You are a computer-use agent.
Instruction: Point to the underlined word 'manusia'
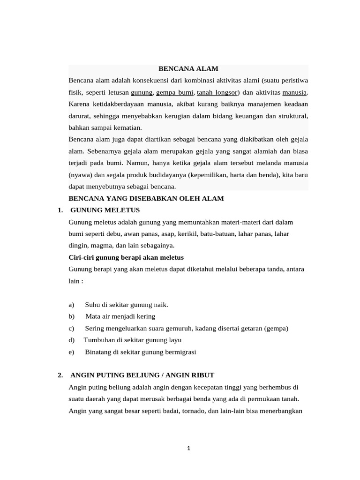click(294, 92)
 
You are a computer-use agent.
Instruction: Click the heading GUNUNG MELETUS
click(105, 210)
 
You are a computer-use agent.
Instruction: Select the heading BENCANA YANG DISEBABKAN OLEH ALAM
click(146, 198)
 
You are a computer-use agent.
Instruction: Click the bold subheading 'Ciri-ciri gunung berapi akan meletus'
click(126, 257)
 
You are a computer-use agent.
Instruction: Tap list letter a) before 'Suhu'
click(72, 305)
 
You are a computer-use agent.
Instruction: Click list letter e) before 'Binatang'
click(72, 352)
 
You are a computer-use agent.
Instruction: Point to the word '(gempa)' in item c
click(277, 328)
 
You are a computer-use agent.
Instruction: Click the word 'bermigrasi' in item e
click(180, 352)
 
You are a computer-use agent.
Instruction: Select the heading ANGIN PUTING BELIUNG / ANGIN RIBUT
click(142, 375)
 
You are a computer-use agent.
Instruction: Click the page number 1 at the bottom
click(188, 449)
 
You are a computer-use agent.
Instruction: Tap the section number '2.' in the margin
click(60, 375)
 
